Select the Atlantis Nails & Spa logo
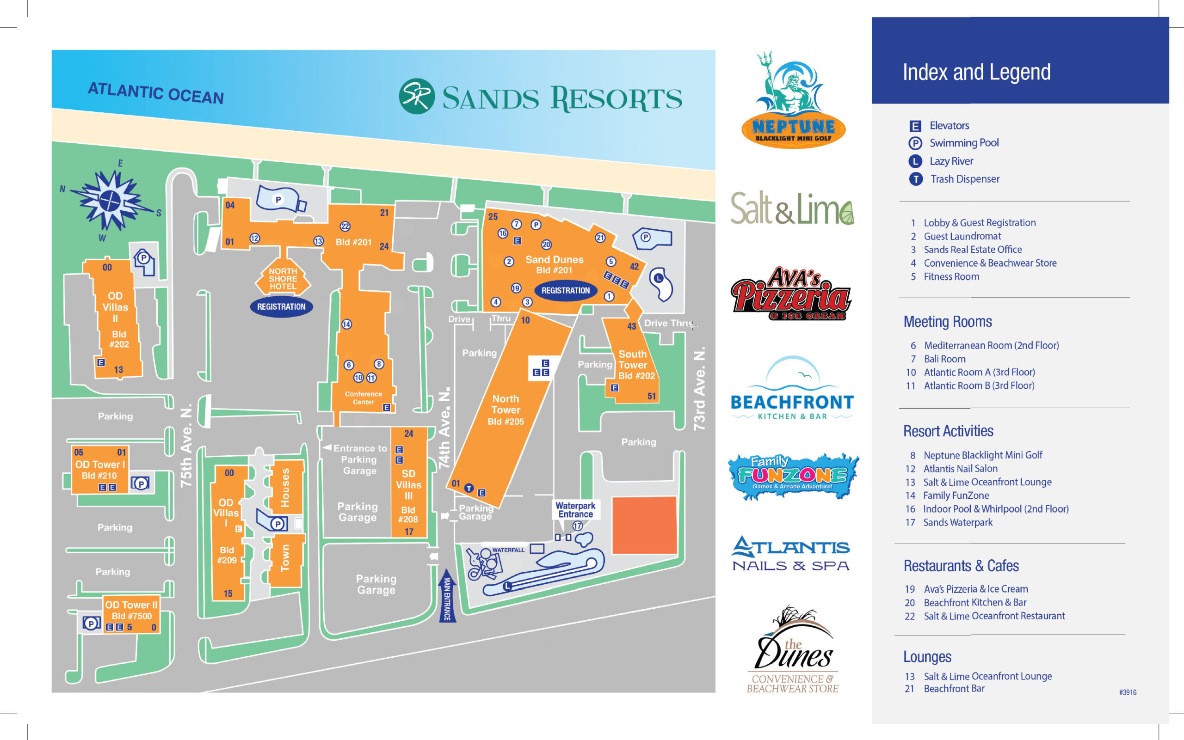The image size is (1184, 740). point(791,554)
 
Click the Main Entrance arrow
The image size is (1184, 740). point(447,596)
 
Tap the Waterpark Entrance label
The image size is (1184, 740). point(575,509)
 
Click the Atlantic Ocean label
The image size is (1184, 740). point(156,93)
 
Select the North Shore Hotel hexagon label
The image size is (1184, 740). point(283,278)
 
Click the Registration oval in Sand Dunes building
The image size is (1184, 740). point(566,290)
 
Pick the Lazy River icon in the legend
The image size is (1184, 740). point(915,161)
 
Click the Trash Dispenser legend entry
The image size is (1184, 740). point(964,179)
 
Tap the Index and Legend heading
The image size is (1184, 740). point(976,73)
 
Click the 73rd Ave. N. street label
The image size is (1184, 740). point(700,389)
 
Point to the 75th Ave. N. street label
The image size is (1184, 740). point(186,446)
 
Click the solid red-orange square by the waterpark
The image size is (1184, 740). point(644,525)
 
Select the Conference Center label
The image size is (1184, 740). point(364,398)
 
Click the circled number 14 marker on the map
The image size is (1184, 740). point(347,324)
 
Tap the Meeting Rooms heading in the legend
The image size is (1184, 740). point(947,322)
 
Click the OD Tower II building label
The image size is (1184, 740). point(131,605)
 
